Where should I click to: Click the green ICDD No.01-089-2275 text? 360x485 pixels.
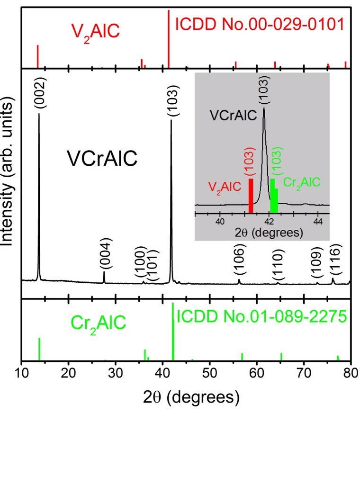click(262, 317)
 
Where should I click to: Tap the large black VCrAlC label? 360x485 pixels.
click(102, 159)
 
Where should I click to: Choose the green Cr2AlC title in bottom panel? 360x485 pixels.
click(99, 324)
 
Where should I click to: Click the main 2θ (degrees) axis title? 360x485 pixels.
click(191, 397)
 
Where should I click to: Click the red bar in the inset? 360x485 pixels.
click(251, 196)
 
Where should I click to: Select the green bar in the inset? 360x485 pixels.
click(274, 196)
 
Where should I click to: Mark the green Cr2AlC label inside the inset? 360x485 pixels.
click(302, 182)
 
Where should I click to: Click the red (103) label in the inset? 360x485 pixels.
click(251, 161)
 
